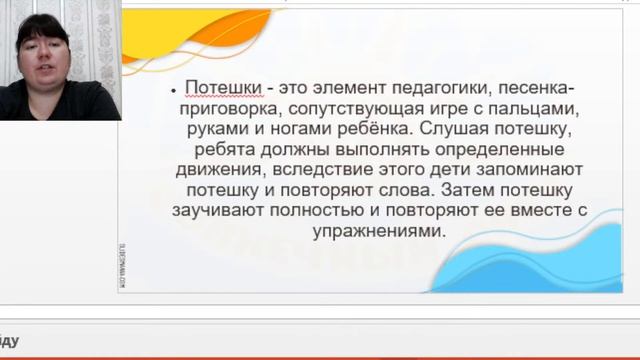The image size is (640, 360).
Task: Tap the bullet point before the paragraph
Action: tap(173, 89)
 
